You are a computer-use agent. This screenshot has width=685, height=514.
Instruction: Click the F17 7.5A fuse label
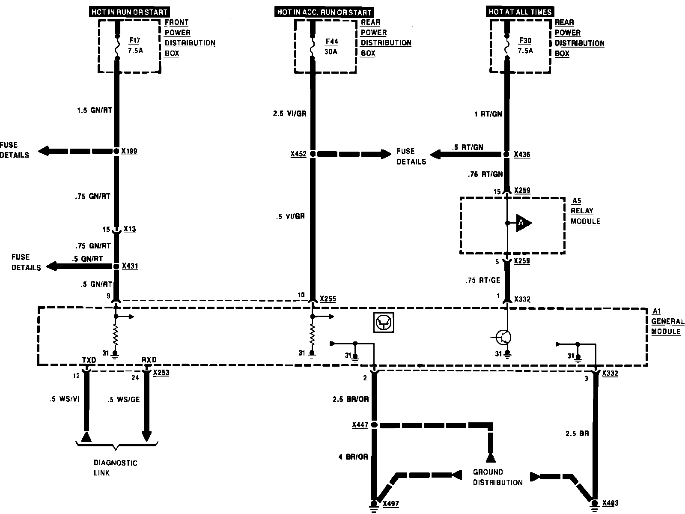click(x=134, y=45)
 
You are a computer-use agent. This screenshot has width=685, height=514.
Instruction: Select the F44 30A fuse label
click(x=331, y=46)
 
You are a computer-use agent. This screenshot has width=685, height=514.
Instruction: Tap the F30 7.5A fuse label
click(x=525, y=45)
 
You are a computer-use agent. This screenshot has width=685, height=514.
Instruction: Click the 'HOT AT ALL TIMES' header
click(x=520, y=12)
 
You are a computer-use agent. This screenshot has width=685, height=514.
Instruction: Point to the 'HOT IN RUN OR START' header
click(x=130, y=12)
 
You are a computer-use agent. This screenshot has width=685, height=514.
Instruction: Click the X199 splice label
click(x=129, y=151)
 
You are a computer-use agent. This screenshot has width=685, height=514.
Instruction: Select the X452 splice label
click(x=298, y=154)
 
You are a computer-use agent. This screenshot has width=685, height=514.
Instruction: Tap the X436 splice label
click(x=522, y=155)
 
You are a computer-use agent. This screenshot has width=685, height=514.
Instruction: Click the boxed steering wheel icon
click(x=383, y=322)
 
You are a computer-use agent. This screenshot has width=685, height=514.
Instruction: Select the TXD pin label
click(x=89, y=360)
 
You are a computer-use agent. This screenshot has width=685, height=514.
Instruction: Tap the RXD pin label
click(x=149, y=360)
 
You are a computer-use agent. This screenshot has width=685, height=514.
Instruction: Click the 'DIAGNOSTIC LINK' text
click(x=116, y=468)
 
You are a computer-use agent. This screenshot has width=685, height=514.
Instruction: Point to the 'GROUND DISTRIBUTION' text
click(x=497, y=477)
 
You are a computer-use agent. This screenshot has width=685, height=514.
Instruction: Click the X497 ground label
click(x=390, y=504)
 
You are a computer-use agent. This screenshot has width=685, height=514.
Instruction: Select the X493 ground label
click(x=610, y=503)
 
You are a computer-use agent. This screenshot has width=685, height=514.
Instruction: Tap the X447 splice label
click(x=360, y=425)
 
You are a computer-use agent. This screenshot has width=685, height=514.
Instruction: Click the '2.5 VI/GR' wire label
click(x=289, y=114)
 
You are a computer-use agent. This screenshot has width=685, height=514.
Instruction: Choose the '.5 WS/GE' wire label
click(x=124, y=400)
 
